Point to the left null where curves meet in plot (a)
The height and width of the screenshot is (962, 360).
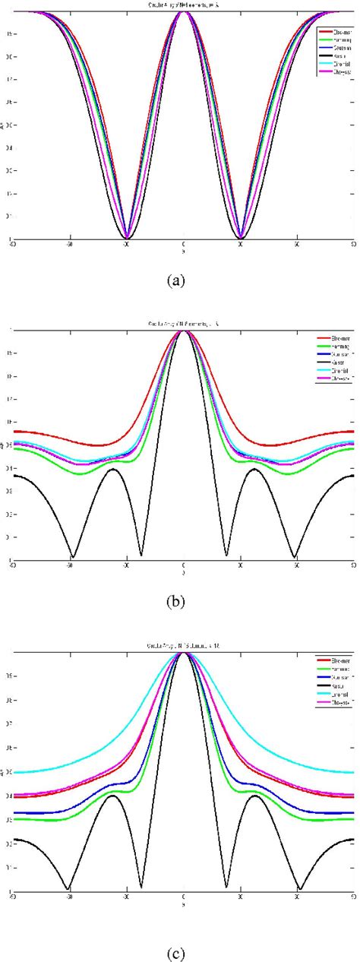[x=127, y=238]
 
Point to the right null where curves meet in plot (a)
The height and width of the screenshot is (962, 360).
[x=241, y=238]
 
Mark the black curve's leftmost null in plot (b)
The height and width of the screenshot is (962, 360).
[x=73, y=556]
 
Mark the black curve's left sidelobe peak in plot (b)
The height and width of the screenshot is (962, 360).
[x=112, y=469]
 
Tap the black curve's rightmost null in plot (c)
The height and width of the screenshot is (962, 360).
[x=301, y=888]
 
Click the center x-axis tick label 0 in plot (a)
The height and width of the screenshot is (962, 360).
[x=184, y=245]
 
